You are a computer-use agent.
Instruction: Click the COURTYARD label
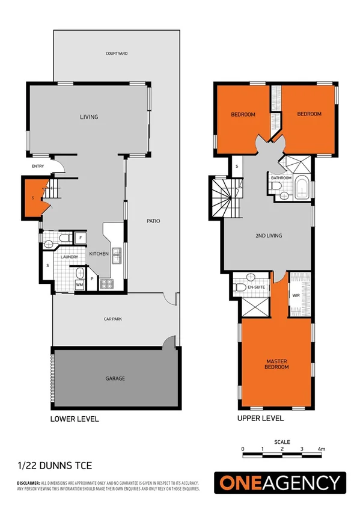coord(117,54)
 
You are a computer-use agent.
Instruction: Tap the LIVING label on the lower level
coord(89,117)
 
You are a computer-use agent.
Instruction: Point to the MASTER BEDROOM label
coord(277,364)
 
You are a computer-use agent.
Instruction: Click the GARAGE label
coord(115,378)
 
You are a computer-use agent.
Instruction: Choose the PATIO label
coord(153,221)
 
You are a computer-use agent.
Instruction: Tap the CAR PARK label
coord(113,319)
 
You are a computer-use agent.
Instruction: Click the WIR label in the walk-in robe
coord(296,296)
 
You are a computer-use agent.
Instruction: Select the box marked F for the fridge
coord(80,238)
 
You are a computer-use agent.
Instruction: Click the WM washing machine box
coord(79,284)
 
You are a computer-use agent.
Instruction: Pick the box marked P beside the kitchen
coord(92,279)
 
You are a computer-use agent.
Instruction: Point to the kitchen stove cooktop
coord(106,283)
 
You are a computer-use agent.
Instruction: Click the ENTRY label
coord(38,167)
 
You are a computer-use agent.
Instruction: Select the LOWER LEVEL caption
coord(75,419)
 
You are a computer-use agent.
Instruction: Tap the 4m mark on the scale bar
coord(322,449)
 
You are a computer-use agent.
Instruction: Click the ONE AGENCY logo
coord(280,482)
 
